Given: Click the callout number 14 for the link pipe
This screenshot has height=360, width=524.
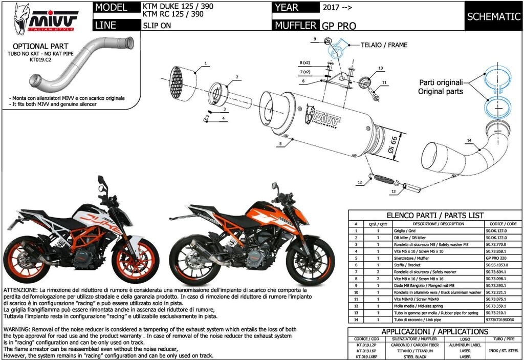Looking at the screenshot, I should (x=469, y=140).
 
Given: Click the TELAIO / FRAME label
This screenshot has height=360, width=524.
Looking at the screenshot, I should (x=383, y=45).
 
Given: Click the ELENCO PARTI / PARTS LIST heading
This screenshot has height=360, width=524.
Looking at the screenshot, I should (x=435, y=216).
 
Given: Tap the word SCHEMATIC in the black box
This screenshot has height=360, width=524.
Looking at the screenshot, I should (x=493, y=16).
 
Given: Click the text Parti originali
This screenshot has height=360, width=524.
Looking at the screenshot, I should (x=441, y=82).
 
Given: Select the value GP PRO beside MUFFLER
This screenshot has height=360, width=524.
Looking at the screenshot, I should (x=339, y=26).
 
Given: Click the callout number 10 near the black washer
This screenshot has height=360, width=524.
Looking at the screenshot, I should (x=380, y=68).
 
